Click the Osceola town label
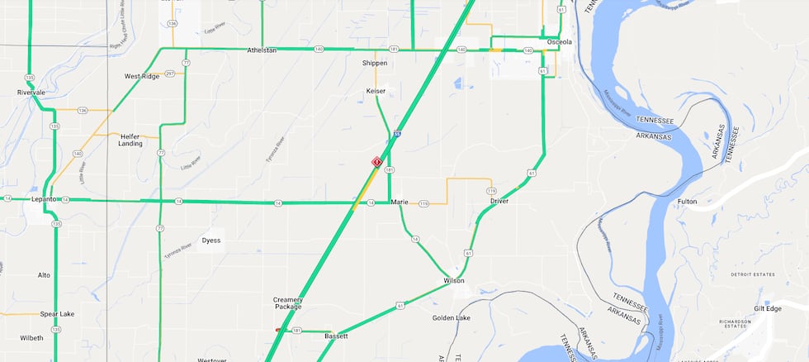tap(559, 41)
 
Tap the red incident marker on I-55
tap(376, 162)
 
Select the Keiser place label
tap(376, 91)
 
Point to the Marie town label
tap(400, 202)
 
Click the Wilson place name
tap(453, 281)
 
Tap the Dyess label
tap(211, 241)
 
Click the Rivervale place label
tap(31, 93)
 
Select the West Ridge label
tap(141, 76)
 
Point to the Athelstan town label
tap(262, 50)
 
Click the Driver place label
tap(499, 201)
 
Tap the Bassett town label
tap(336, 336)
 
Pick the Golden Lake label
tap(452, 317)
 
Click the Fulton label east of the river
tap(687, 201)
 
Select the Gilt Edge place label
tap(767, 308)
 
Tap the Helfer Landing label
tap(130, 140)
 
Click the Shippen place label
tap(375, 63)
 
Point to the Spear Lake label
tap(57, 314)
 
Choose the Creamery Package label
tap(288, 302)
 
